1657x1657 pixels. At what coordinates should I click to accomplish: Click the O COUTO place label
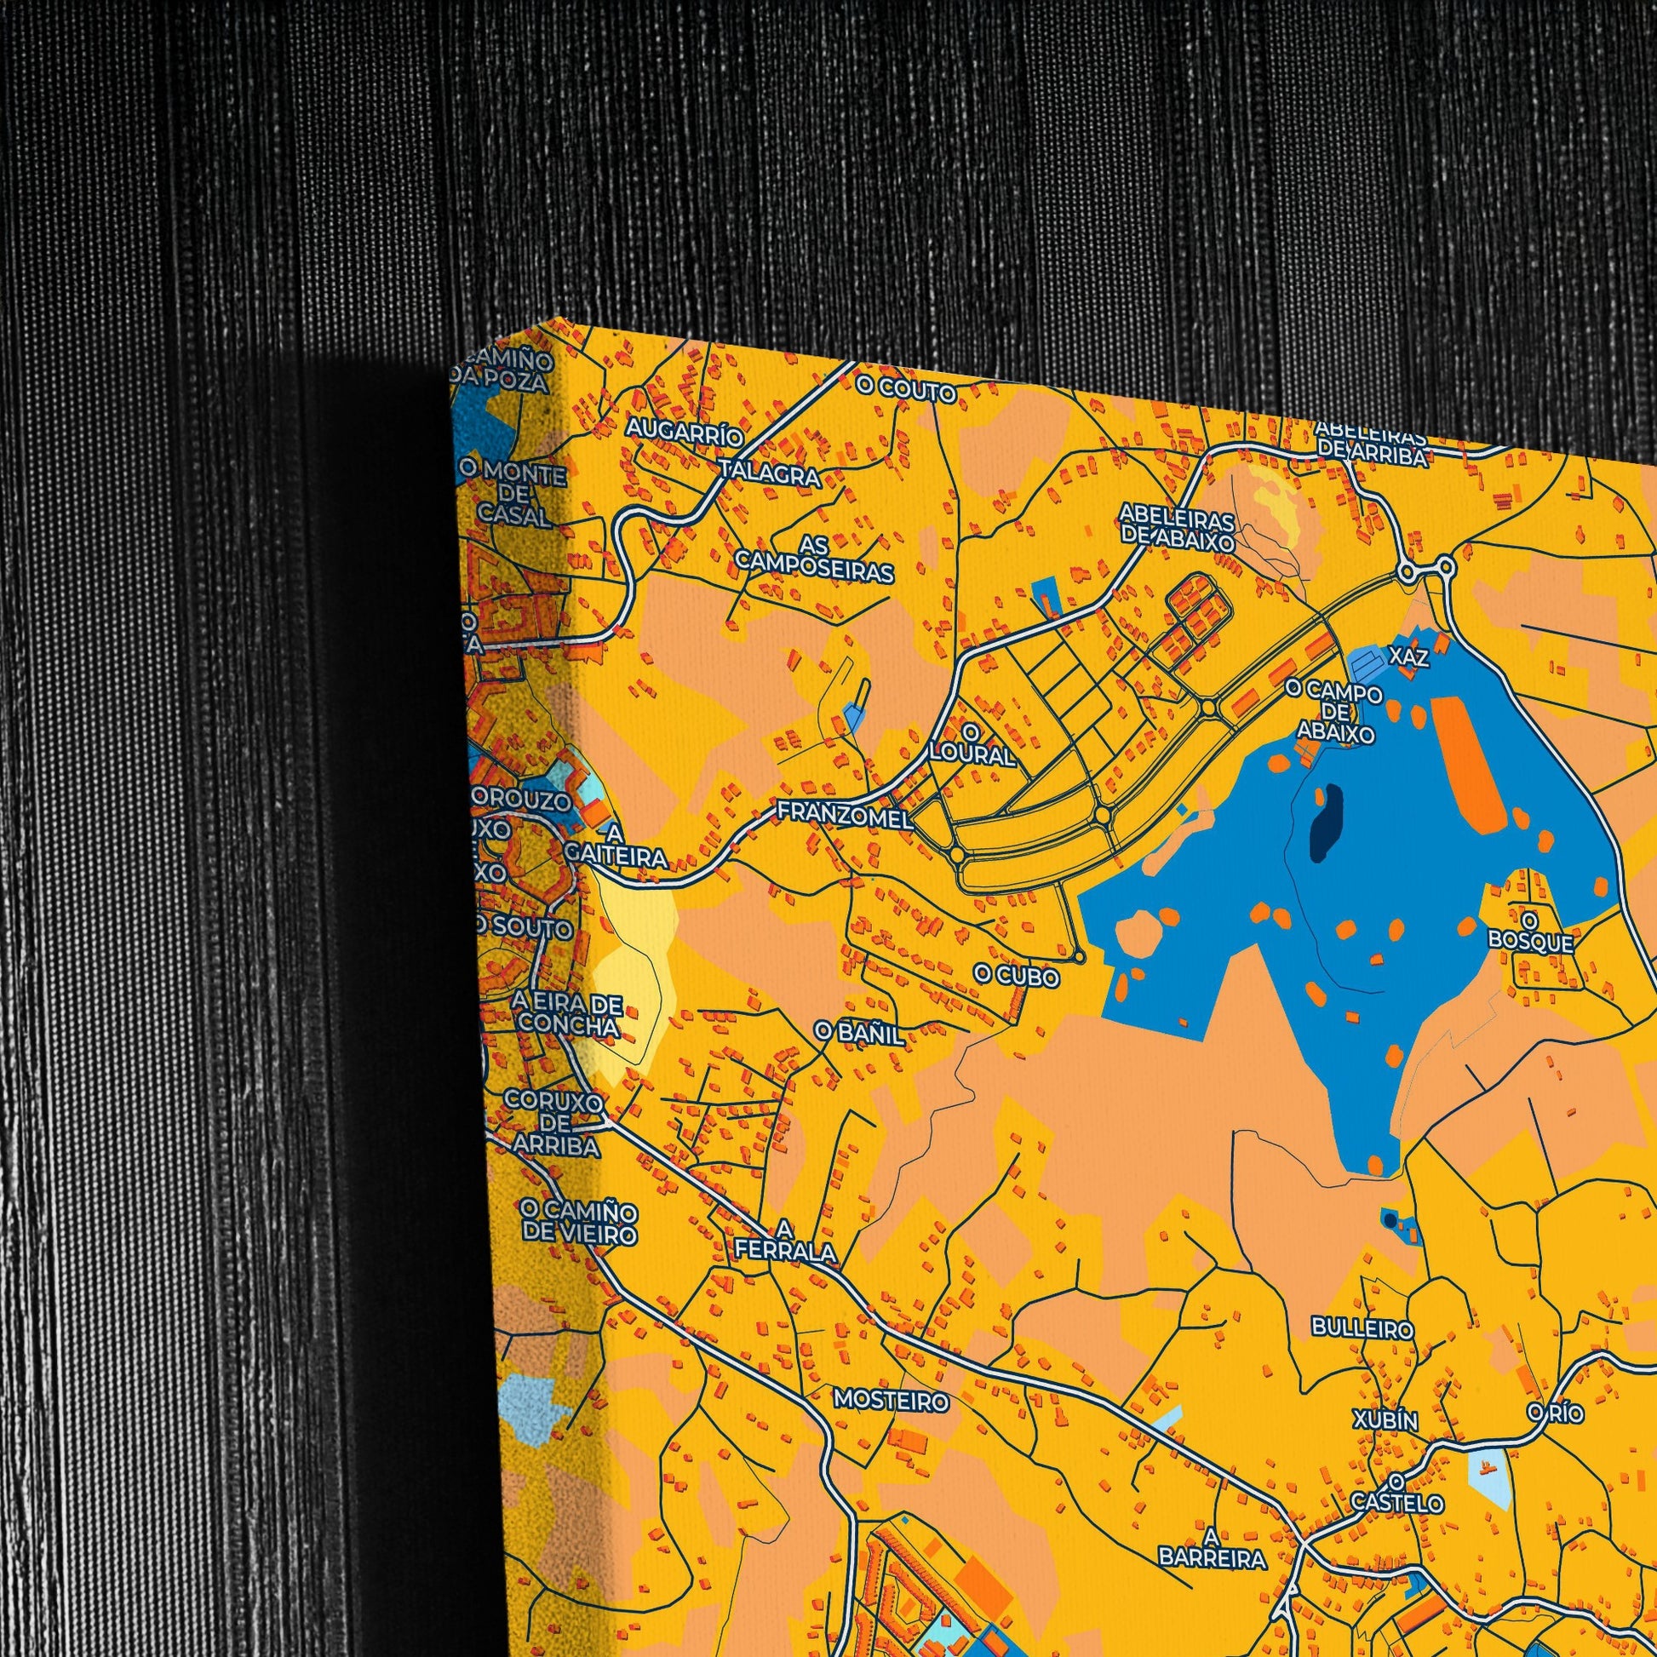(906, 392)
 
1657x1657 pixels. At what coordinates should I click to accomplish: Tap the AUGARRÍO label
(684, 432)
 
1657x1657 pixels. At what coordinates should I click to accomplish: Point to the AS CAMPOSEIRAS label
(814, 559)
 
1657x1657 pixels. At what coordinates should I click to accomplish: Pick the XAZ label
(1409, 657)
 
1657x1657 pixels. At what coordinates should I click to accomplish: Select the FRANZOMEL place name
(844, 815)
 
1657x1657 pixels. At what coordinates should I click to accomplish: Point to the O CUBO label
(1017, 976)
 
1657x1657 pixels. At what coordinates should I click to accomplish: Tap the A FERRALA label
(785, 1240)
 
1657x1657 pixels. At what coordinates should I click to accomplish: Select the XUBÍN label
(1385, 1419)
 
